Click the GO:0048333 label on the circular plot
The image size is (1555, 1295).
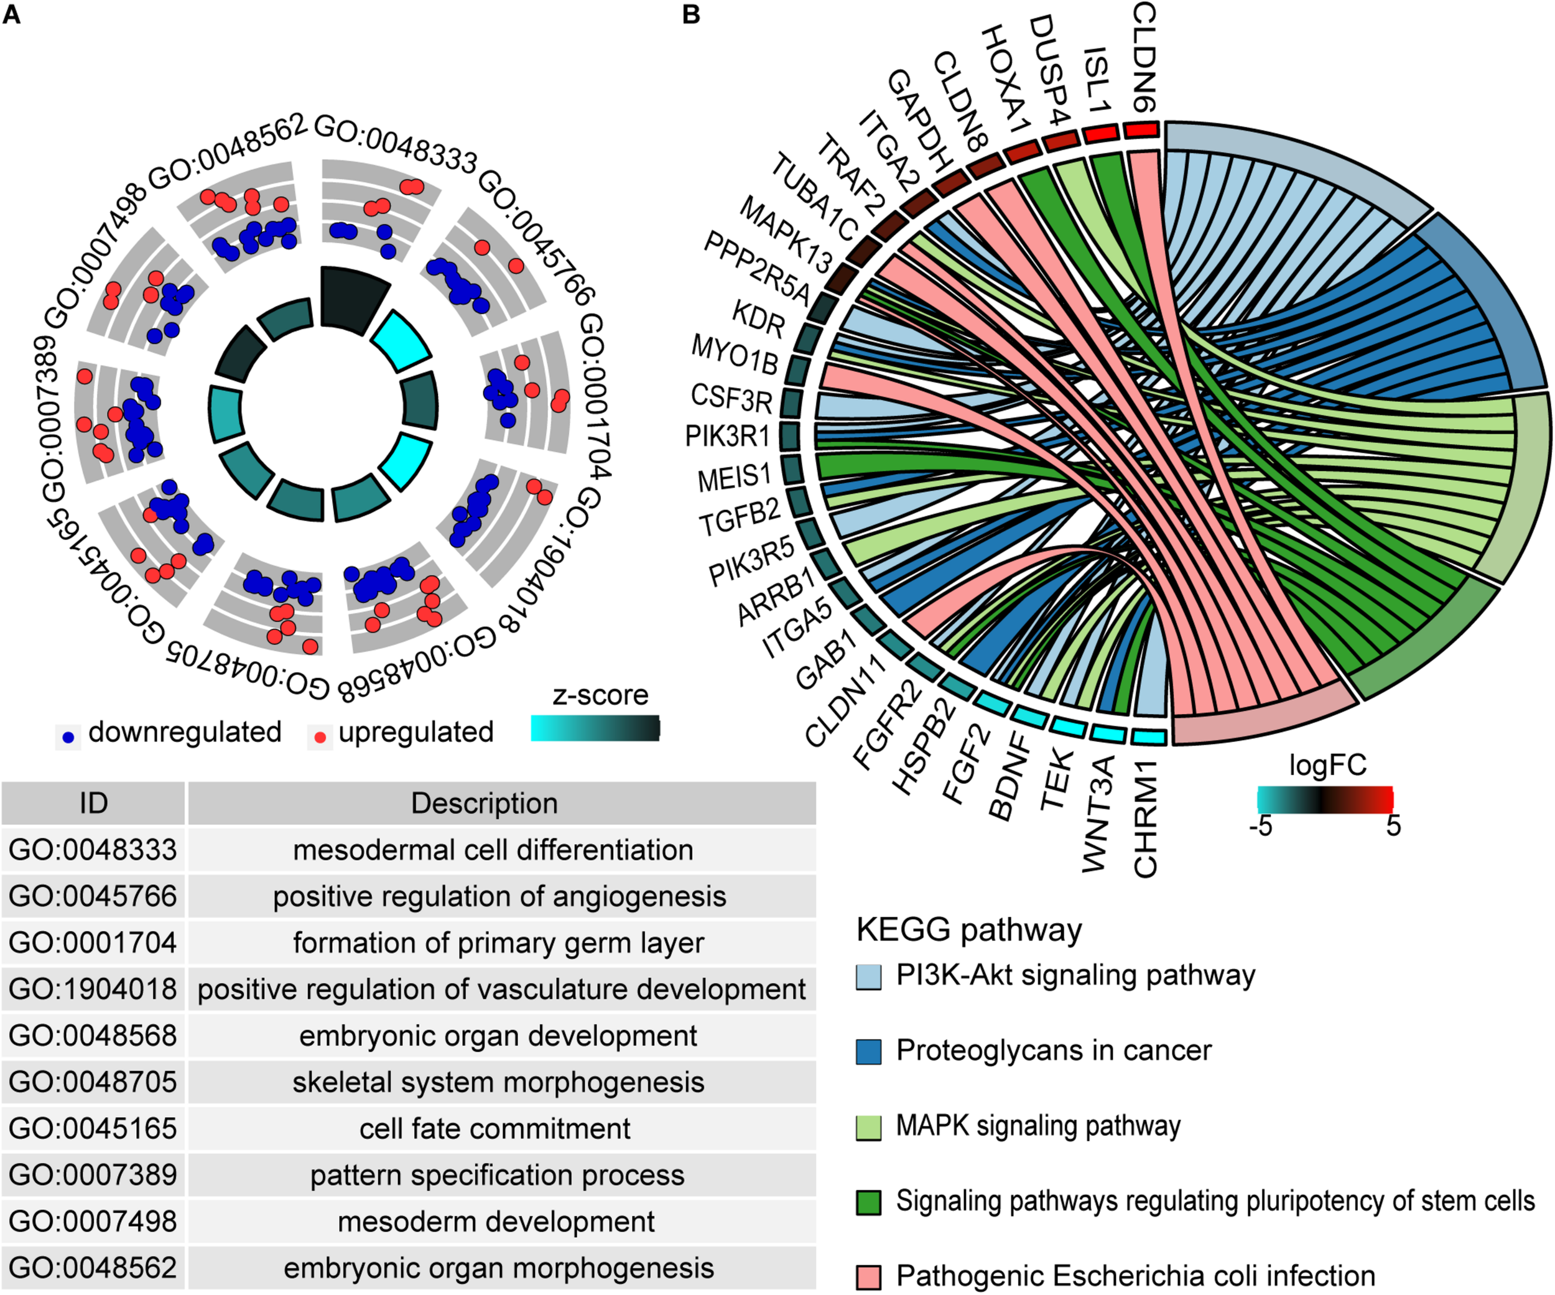396,144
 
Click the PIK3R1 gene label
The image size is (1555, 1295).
727,436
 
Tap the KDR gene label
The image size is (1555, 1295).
758,318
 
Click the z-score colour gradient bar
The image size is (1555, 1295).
595,728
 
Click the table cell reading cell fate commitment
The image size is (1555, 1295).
494,1128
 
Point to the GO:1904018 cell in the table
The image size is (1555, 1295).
93,989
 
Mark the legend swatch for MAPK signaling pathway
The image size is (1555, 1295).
868,1127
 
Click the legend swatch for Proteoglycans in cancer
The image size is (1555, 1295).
868,1051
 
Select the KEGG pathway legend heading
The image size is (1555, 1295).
968,930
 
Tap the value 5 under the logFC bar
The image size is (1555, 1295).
1393,825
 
